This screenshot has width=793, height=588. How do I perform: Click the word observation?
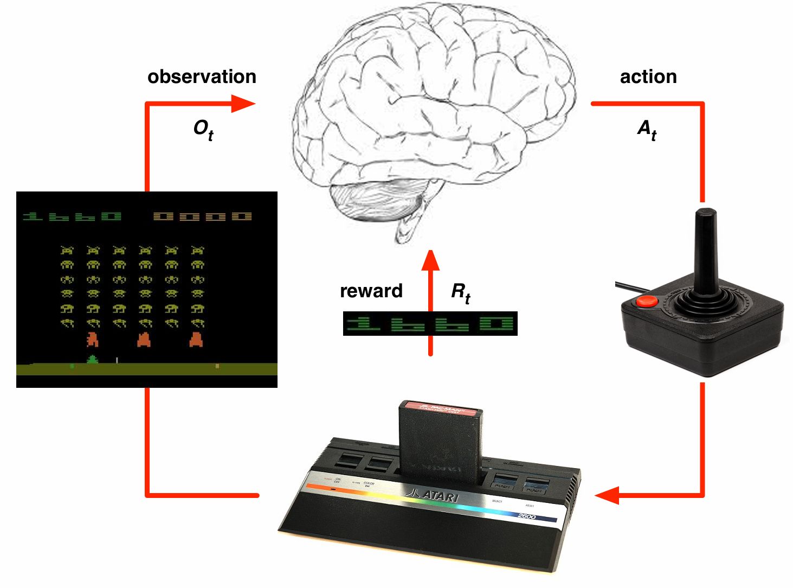202,76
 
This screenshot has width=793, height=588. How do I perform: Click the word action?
648,76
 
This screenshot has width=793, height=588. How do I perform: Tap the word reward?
371,291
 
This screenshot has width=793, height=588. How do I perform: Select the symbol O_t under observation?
203,130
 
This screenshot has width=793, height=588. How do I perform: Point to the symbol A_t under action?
647,130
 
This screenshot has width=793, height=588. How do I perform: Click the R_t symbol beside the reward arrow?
461,293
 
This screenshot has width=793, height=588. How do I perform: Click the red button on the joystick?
647,302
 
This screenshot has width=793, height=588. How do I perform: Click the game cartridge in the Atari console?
440,439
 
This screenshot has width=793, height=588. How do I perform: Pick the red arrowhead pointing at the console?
607,495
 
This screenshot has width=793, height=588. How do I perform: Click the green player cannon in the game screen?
93,360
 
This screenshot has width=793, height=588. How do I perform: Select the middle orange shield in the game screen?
144,340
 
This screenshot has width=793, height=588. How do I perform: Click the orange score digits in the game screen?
203,216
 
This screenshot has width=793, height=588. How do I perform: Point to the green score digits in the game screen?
72,216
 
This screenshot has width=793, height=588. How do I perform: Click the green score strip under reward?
430,324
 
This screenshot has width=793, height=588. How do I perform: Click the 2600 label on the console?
526,515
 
